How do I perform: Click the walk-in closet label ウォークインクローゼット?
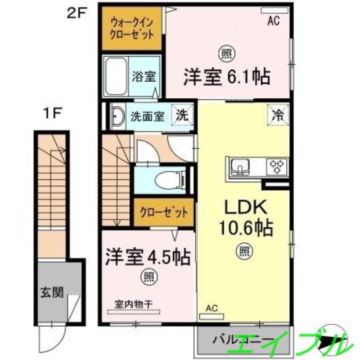coord(131,28)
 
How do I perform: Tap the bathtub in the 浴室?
coord(116,77)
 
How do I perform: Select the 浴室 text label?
coord(143,77)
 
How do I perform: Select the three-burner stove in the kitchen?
coord(277,166)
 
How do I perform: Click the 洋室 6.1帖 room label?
coord(227,78)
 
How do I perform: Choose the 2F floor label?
coord(76,12)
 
